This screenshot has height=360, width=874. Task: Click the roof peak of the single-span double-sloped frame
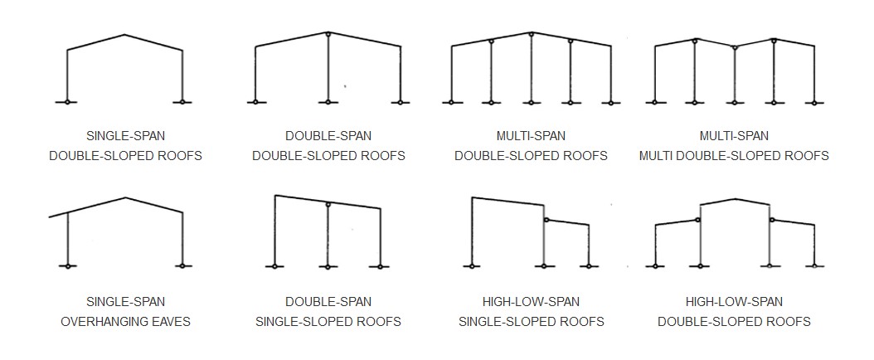[x=124, y=35]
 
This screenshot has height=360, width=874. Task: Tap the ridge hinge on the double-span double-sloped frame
[x=328, y=34]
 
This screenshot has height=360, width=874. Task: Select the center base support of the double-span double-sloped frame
[x=328, y=102]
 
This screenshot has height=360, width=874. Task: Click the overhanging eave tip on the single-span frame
[x=50, y=216]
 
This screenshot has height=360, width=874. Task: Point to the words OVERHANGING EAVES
[x=125, y=321]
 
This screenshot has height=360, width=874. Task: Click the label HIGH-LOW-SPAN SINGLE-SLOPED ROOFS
[x=531, y=311]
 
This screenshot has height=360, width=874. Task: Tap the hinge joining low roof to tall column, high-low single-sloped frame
[x=546, y=220]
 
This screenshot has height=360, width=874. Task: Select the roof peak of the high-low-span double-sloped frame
[x=735, y=198]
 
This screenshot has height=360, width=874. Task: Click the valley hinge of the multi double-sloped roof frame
[x=734, y=48]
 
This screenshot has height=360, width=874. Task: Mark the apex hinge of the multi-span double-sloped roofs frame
[x=531, y=34]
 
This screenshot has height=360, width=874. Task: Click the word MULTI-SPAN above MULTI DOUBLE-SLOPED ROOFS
[x=734, y=135]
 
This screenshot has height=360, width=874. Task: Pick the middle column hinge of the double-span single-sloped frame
[x=328, y=204]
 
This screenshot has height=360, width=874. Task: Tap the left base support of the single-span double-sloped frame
[x=67, y=102]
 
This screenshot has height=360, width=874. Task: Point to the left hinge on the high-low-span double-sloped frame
[x=698, y=220]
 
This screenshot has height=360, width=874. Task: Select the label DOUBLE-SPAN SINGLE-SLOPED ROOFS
[x=328, y=311]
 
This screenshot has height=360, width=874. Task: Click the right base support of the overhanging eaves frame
[x=182, y=266]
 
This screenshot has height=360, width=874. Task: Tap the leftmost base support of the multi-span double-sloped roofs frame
[x=451, y=103]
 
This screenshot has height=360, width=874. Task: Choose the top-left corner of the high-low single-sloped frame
[x=472, y=197]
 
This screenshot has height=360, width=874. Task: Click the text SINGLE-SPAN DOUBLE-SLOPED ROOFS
[x=125, y=145]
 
